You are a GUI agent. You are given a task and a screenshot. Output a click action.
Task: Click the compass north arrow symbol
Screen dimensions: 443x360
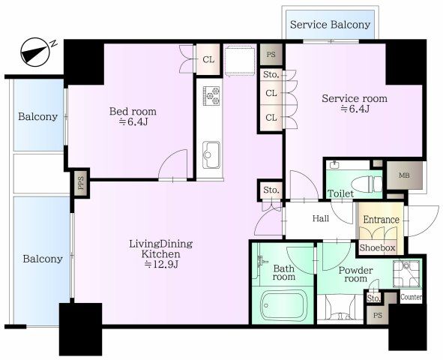(35, 52)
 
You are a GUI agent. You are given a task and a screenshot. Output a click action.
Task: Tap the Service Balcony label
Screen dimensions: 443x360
(330, 25)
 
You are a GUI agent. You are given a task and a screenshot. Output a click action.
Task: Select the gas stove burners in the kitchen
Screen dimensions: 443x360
(211, 95)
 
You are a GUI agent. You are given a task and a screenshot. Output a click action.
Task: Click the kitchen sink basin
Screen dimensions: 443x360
(211, 154)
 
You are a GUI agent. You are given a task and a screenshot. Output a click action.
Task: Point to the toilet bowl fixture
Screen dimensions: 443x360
(367, 184)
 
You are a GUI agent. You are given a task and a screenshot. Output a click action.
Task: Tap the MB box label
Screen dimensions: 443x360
(404, 175)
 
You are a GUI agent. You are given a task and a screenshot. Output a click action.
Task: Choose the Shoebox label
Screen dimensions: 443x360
(377, 247)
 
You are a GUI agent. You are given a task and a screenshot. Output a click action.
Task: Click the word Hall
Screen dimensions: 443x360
(321, 218)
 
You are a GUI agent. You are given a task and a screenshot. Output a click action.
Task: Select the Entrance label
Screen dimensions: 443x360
(381, 219)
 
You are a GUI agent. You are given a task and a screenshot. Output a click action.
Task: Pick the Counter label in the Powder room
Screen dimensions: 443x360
(412, 297)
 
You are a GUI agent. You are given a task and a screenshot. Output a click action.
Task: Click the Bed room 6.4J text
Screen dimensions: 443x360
(133, 116)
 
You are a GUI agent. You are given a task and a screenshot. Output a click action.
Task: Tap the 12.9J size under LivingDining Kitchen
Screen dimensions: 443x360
(161, 264)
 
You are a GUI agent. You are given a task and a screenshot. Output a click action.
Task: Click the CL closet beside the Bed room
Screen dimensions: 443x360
(208, 59)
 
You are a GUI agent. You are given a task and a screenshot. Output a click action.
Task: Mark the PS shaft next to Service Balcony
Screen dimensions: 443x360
(271, 54)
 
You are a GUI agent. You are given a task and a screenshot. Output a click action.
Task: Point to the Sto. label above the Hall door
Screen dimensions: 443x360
(271, 190)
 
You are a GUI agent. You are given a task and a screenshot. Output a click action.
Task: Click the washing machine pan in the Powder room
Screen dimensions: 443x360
(406, 273)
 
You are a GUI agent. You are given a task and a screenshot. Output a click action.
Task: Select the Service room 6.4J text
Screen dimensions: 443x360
(355, 103)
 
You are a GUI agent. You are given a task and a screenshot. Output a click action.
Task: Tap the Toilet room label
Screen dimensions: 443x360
(340, 193)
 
